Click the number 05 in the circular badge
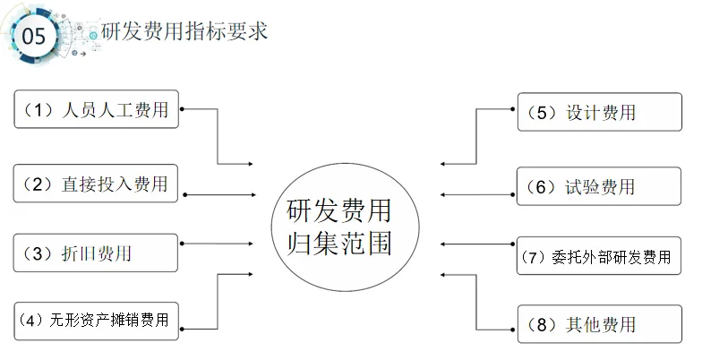33,37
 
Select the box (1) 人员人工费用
97,110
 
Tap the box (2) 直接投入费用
97,184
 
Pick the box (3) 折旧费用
97,253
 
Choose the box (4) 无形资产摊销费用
97,320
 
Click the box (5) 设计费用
595,113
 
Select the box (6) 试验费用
595,186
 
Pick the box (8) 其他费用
595,323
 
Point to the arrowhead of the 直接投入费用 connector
252,194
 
